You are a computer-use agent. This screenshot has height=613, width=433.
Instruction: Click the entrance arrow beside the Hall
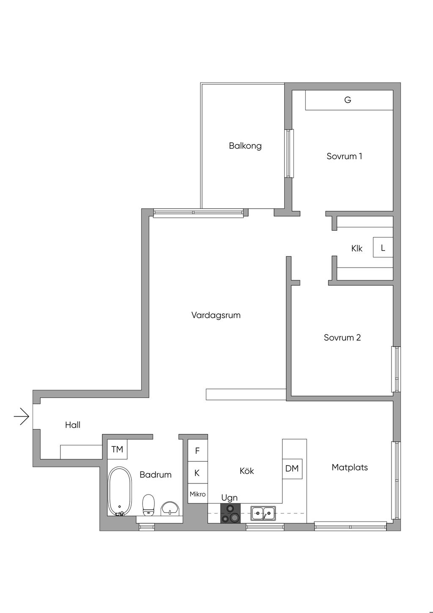point(22,417)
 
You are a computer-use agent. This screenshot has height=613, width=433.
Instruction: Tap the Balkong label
point(245,146)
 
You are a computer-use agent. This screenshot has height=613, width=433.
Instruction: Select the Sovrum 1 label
point(344,156)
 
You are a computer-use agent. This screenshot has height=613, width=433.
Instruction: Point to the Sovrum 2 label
point(342,337)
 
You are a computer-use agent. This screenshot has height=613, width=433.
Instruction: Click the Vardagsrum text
point(216,315)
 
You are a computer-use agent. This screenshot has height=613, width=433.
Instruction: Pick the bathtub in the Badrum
point(120,492)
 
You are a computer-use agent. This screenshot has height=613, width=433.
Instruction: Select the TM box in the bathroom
point(117,449)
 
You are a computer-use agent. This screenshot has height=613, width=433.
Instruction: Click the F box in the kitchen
point(197,450)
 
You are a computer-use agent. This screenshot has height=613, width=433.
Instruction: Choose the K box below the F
point(197,472)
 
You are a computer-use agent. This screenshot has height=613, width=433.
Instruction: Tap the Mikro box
point(197,494)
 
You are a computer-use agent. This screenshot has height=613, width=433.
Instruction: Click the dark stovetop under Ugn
point(230,514)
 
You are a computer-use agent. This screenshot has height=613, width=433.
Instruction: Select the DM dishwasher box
point(292,469)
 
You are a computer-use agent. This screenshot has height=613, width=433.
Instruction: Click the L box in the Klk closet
point(383,247)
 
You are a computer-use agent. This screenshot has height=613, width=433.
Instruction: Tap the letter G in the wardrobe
point(348,100)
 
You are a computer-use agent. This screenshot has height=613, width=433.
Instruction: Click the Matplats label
point(350,467)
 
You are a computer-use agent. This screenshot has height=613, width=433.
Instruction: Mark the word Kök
point(247,471)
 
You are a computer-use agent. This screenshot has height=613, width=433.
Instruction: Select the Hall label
point(73,425)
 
